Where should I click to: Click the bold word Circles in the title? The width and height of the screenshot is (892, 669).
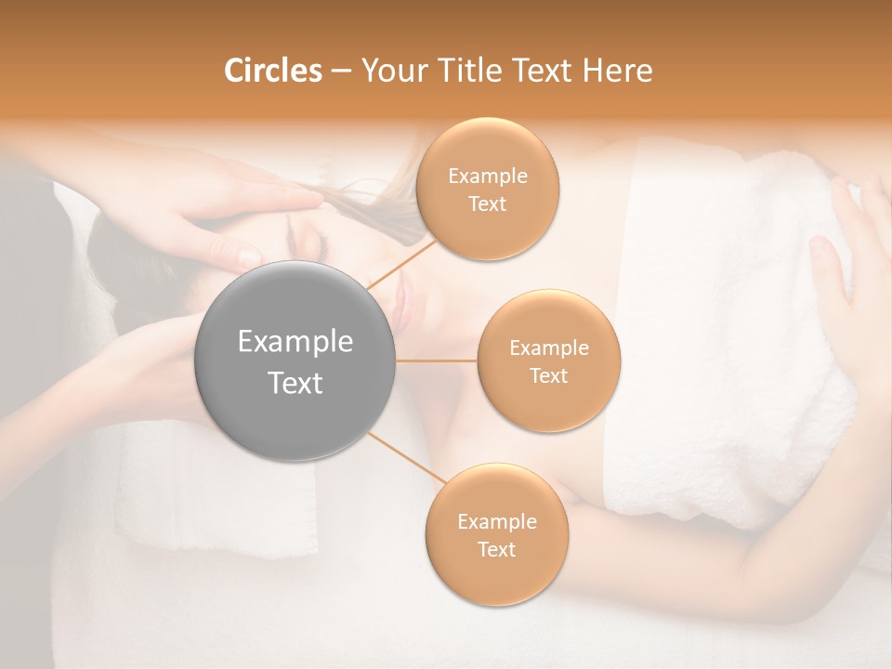click(272, 71)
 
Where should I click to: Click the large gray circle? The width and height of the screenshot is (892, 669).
click(295, 361)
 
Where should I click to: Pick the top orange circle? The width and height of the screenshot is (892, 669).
click(487, 189)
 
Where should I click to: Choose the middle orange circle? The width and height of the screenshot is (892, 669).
click(548, 361)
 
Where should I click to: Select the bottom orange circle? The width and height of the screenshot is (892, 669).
click(496, 534)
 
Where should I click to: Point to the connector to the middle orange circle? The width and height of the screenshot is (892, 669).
click(437, 361)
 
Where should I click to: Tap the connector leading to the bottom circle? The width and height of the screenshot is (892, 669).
click(405, 459)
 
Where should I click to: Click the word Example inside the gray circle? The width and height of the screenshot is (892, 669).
click(295, 341)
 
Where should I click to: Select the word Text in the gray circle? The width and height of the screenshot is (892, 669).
click(295, 382)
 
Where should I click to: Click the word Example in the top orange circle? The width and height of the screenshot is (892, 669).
click(487, 176)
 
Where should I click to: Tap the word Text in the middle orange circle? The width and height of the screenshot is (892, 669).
click(548, 375)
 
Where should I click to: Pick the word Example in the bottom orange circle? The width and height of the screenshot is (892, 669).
click(496, 521)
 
